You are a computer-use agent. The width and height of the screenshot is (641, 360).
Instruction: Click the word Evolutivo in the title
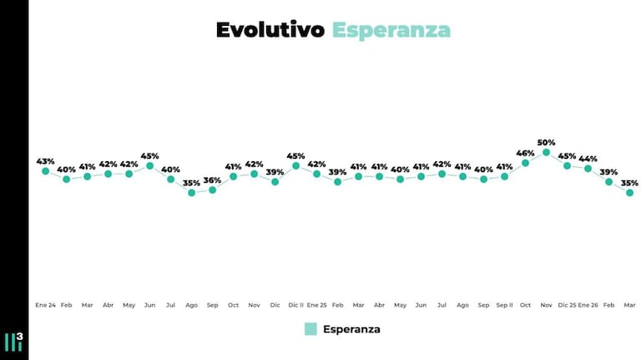click(x=270, y=30)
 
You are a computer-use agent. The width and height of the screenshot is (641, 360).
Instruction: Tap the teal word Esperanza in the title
click(x=391, y=30)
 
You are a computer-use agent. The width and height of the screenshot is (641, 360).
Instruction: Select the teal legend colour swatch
click(x=310, y=329)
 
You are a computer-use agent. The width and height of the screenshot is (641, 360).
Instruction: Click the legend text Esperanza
click(x=351, y=329)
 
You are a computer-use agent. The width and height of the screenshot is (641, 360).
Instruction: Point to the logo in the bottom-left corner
click(x=13, y=341)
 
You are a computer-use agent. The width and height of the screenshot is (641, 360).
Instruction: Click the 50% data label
click(x=547, y=143)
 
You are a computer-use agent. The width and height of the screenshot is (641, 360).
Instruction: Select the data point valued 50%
click(x=547, y=153)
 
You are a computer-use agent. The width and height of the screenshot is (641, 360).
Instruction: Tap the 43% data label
click(x=46, y=161)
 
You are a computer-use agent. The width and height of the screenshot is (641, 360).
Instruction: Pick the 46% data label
click(x=526, y=153)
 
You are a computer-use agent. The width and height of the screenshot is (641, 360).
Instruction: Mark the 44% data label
click(x=588, y=159)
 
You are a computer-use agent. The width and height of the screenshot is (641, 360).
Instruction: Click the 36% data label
click(x=213, y=180)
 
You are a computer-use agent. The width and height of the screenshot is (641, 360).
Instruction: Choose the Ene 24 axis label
click(x=46, y=305)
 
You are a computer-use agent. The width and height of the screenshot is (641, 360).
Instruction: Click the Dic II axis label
click(x=296, y=305)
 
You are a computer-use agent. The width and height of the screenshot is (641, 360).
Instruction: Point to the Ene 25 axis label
click(x=317, y=305)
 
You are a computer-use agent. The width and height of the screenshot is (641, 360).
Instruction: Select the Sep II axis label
click(x=505, y=305)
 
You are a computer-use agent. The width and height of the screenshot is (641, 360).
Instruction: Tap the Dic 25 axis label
click(x=568, y=305)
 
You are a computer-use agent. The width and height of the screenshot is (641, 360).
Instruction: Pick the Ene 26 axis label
click(x=588, y=305)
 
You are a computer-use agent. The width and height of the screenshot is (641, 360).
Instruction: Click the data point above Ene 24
click(x=46, y=171)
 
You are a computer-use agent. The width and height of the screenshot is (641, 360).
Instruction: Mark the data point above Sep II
click(x=505, y=176)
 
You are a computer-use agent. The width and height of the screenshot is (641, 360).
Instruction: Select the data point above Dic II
click(x=296, y=165)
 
